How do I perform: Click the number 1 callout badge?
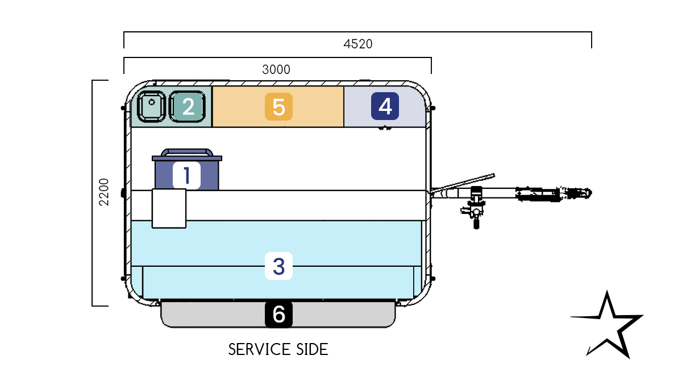tap(187, 175)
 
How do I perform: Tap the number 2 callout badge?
tap(188, 106)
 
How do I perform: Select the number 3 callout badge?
tap(278, 266)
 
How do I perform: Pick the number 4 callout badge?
tap(385, 106)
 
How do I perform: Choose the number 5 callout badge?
tap(278, 106)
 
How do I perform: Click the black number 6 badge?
tap(278, 314)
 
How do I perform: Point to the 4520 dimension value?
tap(358, 44)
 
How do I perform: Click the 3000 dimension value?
tap(276, 69)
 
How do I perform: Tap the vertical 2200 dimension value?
tap(104, 193)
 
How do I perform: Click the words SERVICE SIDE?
tap(278, 349)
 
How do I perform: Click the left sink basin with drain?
tap(151, 106)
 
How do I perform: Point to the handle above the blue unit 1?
tap(187, 152)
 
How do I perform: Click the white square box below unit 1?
tap(169, 209)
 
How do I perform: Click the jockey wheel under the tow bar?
tap(475, 216)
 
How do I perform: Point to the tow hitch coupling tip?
tap(585, 193)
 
